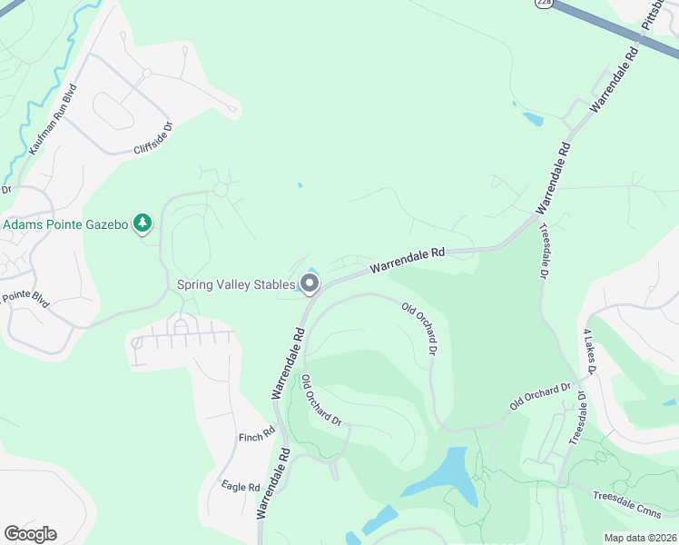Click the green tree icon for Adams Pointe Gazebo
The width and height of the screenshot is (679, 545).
(x=142, y=223)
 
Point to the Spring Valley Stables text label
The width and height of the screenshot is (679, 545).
(x=236, y=284)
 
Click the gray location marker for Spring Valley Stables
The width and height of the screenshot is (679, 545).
(x=310, y=285)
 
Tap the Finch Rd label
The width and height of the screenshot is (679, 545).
(x=257, y=438)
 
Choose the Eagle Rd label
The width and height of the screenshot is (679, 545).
(x=241, y=487)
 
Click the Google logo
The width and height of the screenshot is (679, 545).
(x=30, y=533)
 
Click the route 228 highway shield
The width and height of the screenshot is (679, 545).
(x=544, y=4)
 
